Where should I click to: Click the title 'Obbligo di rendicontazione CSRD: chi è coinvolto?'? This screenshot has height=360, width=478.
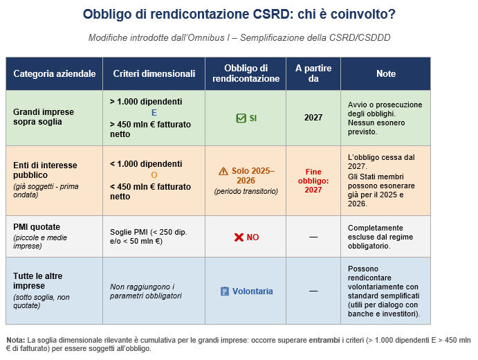239,14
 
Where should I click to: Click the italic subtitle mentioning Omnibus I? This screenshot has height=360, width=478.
239,37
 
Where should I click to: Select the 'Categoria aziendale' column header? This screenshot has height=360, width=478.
54,73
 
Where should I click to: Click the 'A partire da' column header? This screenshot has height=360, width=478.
313,73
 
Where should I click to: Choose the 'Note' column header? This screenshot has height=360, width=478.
386,73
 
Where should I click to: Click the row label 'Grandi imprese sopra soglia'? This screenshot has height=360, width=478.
44,117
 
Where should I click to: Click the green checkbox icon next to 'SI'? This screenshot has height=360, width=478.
241,118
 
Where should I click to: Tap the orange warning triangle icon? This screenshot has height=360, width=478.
223,171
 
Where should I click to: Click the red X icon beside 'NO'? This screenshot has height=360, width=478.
239,237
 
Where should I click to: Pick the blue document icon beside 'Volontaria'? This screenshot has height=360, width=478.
225,291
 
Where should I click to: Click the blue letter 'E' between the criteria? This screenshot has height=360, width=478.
154,112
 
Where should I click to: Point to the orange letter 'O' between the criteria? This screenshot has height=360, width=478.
154,175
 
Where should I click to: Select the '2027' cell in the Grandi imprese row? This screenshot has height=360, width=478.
313,118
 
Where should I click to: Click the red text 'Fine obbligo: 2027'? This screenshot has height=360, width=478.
313,180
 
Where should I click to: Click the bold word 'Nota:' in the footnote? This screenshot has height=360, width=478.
15,340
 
